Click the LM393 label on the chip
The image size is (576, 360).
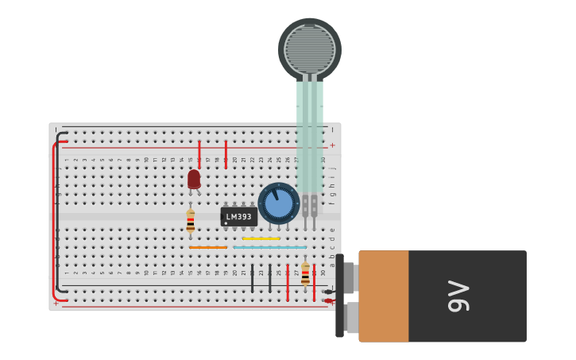coord(238,217)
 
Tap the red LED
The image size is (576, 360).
coord(194,179)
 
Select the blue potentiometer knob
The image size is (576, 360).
coord(279,203)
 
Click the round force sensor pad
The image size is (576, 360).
coord(310,48)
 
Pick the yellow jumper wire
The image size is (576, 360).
coord(261,238)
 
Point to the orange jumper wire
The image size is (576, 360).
coord(208,247)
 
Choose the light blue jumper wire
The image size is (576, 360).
coord(270,247)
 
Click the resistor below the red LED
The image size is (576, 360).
coord(190,221)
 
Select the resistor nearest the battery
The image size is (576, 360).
coord(305,275)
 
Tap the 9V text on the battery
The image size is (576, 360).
coord(459,296)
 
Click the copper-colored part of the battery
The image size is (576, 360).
coord(385,296)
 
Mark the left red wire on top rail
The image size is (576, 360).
coord(199,153)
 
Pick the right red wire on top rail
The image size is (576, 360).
coord(226,153)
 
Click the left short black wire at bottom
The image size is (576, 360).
coord(253,278)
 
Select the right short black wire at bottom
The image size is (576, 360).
coord(269,278)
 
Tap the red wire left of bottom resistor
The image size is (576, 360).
coord(288,282)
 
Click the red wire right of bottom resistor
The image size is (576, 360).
coord(314,282)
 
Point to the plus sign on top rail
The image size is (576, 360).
coord(332,145)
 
